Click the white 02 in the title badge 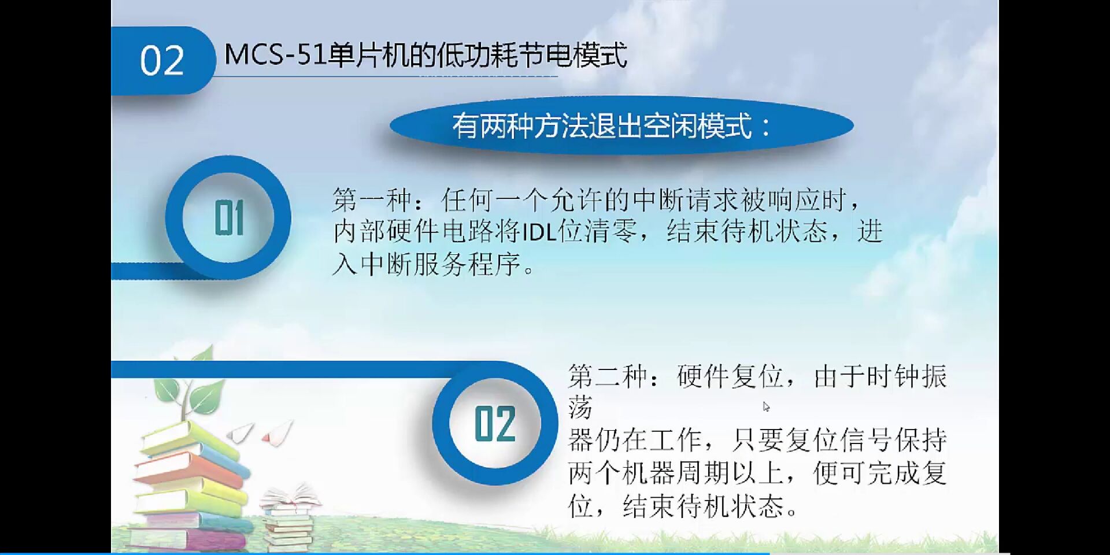click(x=162, y=61)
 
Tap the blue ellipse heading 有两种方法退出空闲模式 click(x=621, y=126)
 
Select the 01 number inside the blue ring click(x=229, y=218)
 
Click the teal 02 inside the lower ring click(x=495, y=424)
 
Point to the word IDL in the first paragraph click(x=539, y=232)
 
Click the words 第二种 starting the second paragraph click(x=608, y=377)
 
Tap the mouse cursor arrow click(x=766, y=406)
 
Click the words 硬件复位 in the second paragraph click(x=731, y=377)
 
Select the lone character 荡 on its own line click(x=580, y=409)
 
